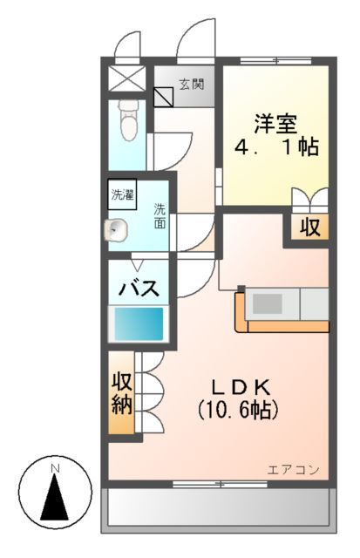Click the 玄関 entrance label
tap(192, 85)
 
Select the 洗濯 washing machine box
tap(122, 194)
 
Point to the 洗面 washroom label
tap(160, 215)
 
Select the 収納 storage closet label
tap(121, 394)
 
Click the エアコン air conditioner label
tap(293, 470)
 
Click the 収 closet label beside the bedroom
tap(310, 228)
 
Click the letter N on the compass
tap(56, 468)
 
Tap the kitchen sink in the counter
tap(268, 304)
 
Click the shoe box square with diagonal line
tap(163, 95)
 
